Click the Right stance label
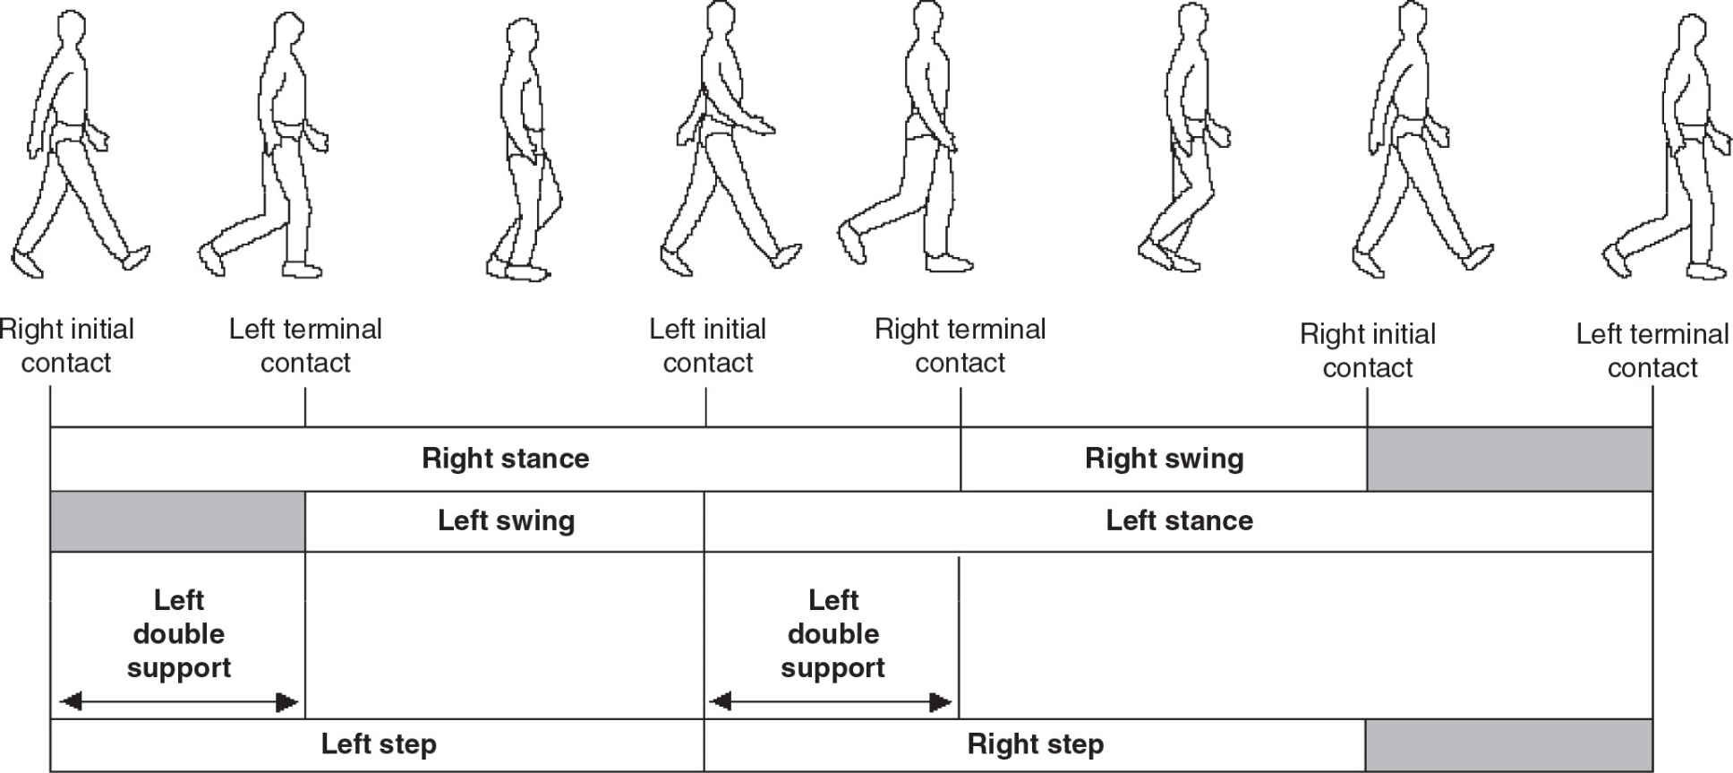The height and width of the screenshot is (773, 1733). [505, 459]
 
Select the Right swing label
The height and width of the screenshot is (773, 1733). [1164, 459]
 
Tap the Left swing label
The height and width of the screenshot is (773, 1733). [506, 520]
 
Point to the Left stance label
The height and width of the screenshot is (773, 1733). [1179, 520]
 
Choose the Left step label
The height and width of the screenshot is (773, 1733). [379, 744]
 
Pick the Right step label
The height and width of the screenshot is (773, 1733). [1035, 744]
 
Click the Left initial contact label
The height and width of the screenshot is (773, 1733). [707, 346]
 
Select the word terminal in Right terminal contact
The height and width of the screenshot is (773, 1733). [1003, 330]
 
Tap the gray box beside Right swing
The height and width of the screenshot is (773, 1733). [1509, 459]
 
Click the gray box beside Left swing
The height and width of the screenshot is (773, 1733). [177, 520]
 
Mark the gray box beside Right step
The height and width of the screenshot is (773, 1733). [1508, 744]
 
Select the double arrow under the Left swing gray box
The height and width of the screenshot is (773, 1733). [178, 701]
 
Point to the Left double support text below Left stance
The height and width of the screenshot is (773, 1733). [832, 633]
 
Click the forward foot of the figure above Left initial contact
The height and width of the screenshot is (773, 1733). [787, 255]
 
